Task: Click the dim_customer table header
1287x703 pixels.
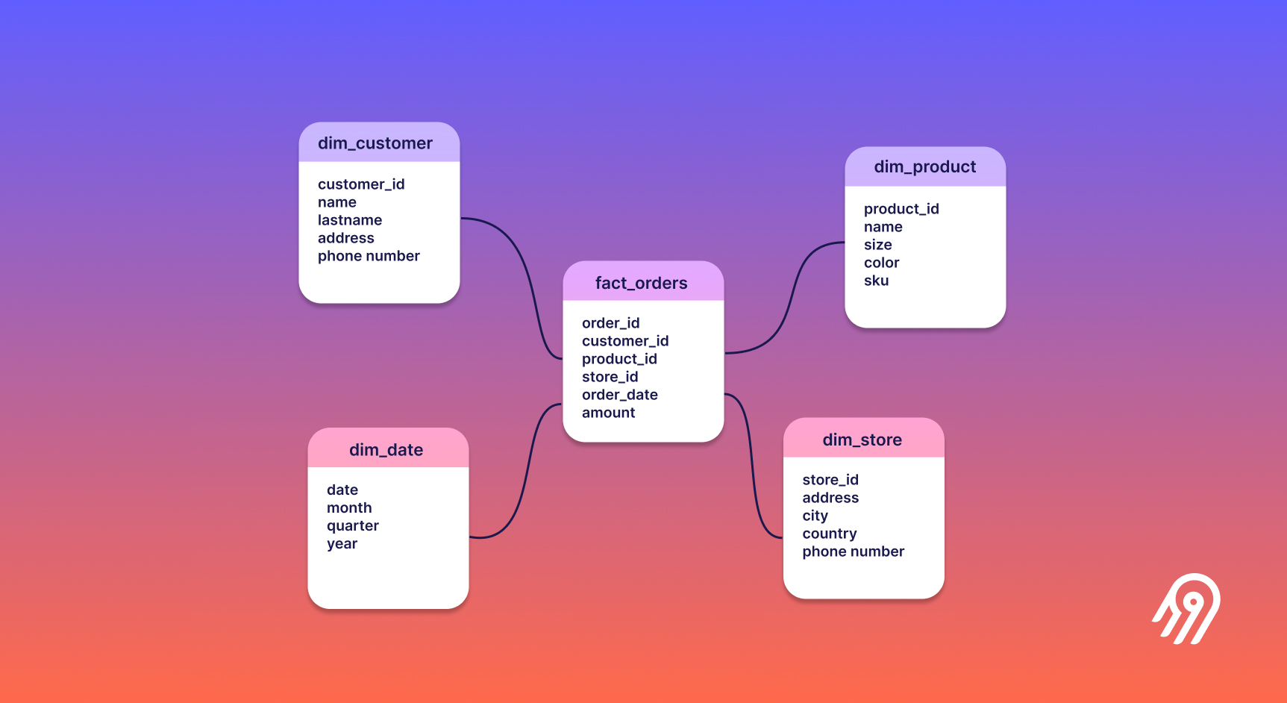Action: tap(375, 143)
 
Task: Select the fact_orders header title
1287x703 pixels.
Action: tap(641, 283)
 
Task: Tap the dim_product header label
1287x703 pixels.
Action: tap(924, 167)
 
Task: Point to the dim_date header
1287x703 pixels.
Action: tap(386, 450)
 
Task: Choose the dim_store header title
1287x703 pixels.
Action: tap(862, 440)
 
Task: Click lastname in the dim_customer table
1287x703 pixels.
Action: tap(349, 220)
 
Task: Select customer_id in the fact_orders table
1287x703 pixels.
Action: tap(624, 341)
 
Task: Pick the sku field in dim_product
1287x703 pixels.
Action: tap(876, 281)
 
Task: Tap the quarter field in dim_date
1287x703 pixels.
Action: tap(352, 526)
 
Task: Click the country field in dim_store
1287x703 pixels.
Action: tap(829, 534)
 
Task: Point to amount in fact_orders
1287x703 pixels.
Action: tap(608, 413)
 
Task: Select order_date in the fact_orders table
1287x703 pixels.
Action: tap(619, 395)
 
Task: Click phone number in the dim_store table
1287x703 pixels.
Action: tap(853, 552)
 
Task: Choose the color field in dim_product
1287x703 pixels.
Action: tap(881, 263)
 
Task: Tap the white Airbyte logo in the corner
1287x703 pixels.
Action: tap(1188, 608)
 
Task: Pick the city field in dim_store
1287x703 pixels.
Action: tap(815, 516)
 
